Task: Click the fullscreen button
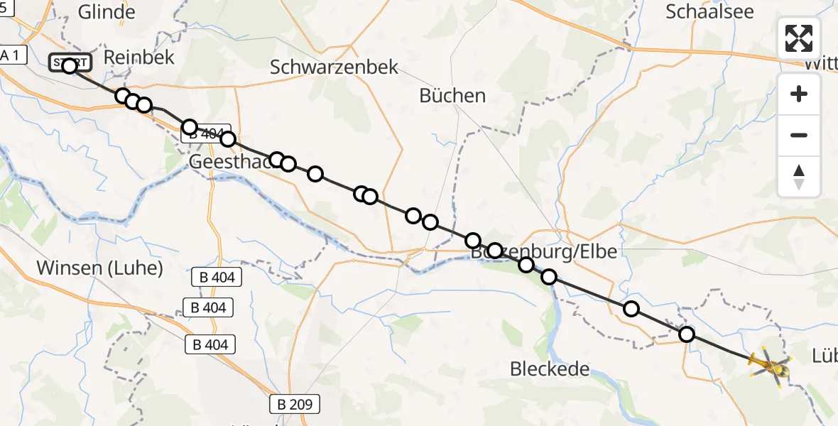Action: point(799,38)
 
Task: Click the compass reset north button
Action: point(799,177)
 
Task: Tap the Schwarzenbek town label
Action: point(334,67)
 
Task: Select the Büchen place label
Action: point(452,95)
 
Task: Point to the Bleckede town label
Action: point(550,369)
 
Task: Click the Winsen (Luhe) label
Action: point(99,268)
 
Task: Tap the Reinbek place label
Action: point(138,58)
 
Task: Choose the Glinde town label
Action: point(107,12)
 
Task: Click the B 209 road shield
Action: point(295,405)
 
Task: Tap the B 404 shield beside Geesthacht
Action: point(206,134)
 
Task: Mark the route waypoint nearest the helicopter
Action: point(686,334)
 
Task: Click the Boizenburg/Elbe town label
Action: point(543,251)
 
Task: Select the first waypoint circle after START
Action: point(122,96)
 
